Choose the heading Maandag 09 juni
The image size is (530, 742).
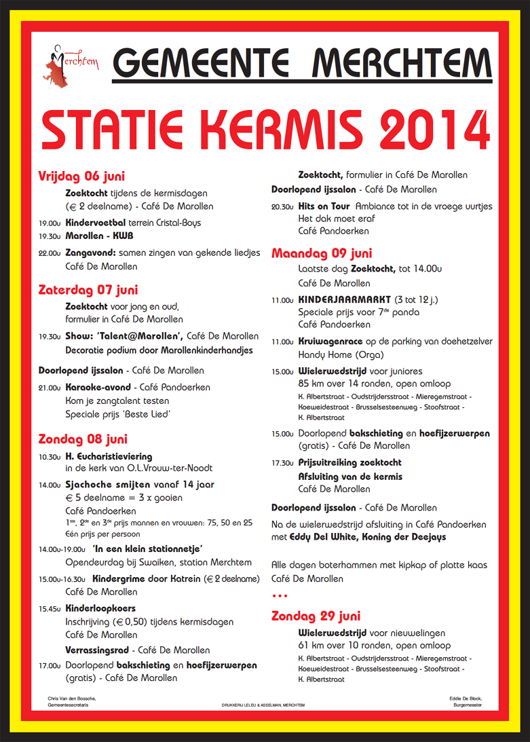tap(321, 253)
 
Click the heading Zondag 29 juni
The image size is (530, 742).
tap(316, 616)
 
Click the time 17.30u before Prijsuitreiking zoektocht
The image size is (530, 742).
tap(282, 463)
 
